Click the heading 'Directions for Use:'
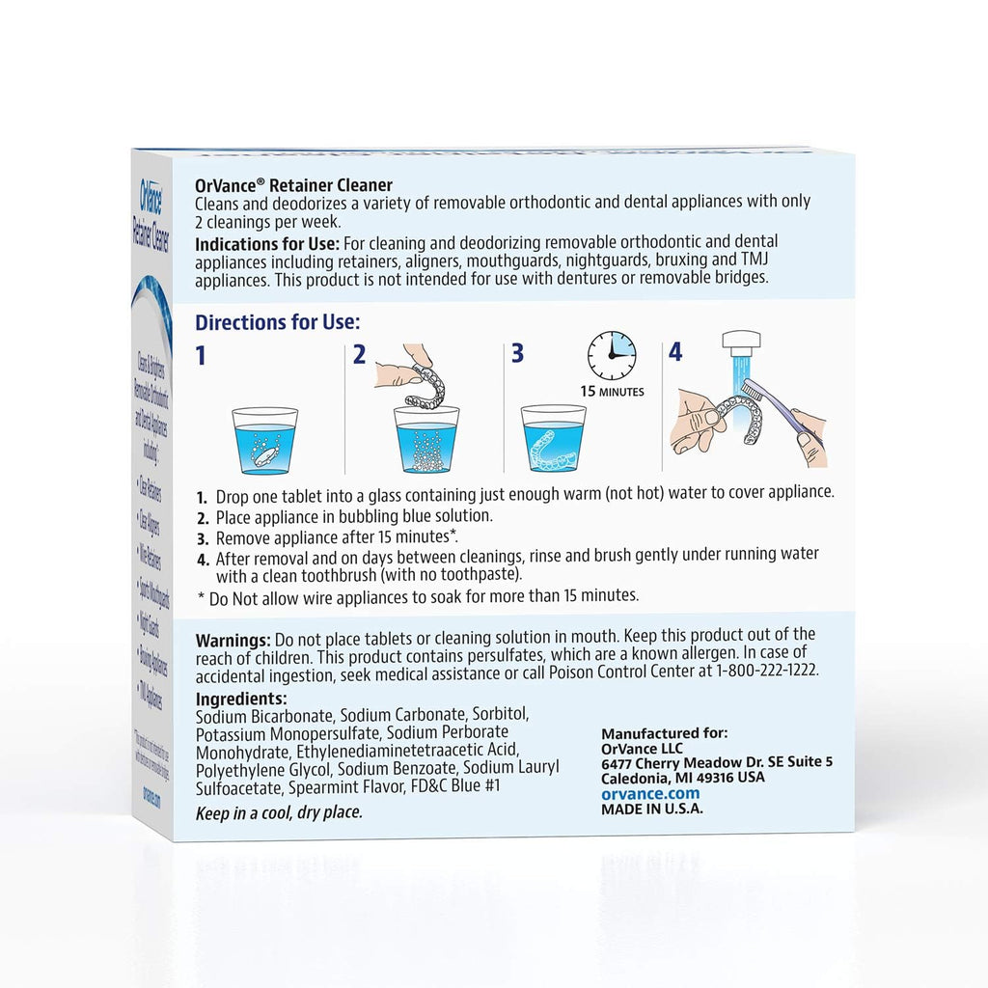278,322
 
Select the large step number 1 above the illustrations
201,355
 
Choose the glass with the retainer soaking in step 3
552,439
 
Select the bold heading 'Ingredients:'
241,699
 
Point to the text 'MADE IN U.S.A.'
651,809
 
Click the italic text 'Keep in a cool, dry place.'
279,812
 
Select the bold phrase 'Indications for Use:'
266,241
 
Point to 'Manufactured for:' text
664,732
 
